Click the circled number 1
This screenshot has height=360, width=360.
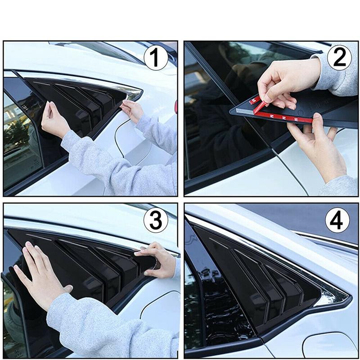155,59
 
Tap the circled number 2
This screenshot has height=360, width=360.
338,59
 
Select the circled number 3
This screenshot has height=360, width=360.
155,220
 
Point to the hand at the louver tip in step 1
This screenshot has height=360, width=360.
131,110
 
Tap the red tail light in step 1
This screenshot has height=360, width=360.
175,106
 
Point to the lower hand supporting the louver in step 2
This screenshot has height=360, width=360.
315,144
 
